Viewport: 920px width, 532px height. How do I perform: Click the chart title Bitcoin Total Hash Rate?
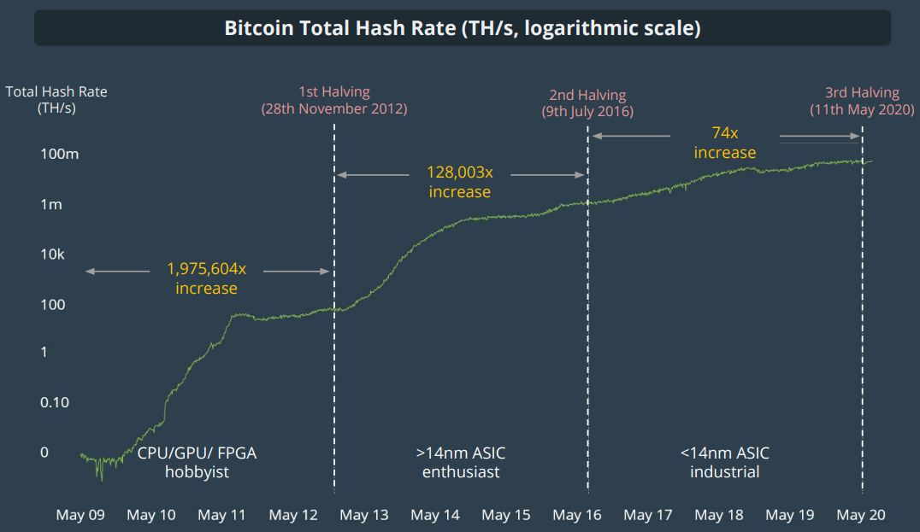(x=462, y=28)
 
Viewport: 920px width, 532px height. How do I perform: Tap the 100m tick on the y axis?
(x=60, y=155)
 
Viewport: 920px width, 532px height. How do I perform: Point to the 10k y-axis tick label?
(x=53, y=254)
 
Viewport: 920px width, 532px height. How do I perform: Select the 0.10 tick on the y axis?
(x=55, y=402)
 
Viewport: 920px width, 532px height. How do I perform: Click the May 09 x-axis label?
(x=80, y=515)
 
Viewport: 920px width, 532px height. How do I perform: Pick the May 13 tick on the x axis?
(x=364, y=515)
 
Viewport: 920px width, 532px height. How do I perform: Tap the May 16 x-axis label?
(x=577, y=515)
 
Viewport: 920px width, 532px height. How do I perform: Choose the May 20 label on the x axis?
(x=861, y=515)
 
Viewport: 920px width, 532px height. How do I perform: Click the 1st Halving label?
(x=334, y=92)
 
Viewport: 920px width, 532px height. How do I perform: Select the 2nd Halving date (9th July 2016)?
(x=587, y=112)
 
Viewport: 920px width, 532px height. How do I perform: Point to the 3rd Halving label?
(x=862, y=93)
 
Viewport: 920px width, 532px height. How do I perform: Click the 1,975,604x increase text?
(x=207, y=278)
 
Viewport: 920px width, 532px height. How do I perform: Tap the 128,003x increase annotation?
(x=460, y=181)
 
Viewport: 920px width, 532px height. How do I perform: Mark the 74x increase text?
(x=725, y=143)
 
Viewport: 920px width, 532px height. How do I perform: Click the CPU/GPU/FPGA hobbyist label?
(x=197, y=462)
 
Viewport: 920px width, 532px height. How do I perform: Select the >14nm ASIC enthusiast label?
(x=461, y=462)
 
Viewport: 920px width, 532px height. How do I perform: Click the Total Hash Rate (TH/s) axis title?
(x=56, y=100)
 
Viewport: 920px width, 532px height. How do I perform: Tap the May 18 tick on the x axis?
(x=719, y=515)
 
